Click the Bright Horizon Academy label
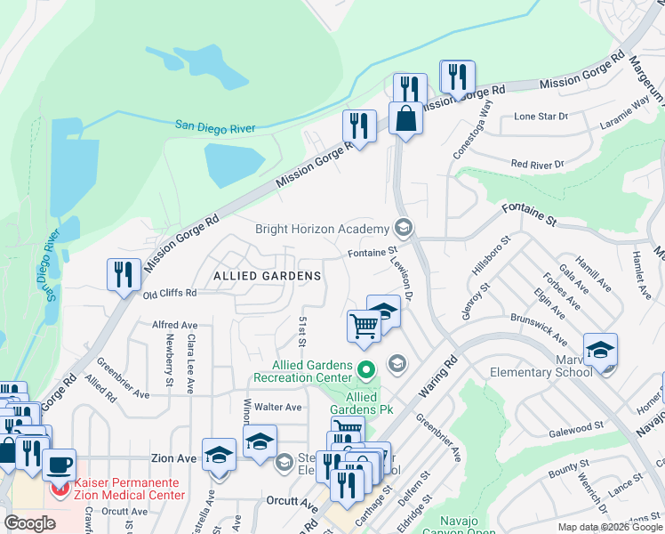point(322,229)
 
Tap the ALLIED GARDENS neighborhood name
point(267,276)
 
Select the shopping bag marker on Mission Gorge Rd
point(405,119)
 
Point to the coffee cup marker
point(60,465)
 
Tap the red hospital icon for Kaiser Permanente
point(60,489)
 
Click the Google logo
point(30,523)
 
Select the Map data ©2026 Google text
point(610,527)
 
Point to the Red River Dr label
point(537,165)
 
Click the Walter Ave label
point(278,408)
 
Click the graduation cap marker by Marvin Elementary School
point(600,350)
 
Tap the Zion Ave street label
point(172,458)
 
